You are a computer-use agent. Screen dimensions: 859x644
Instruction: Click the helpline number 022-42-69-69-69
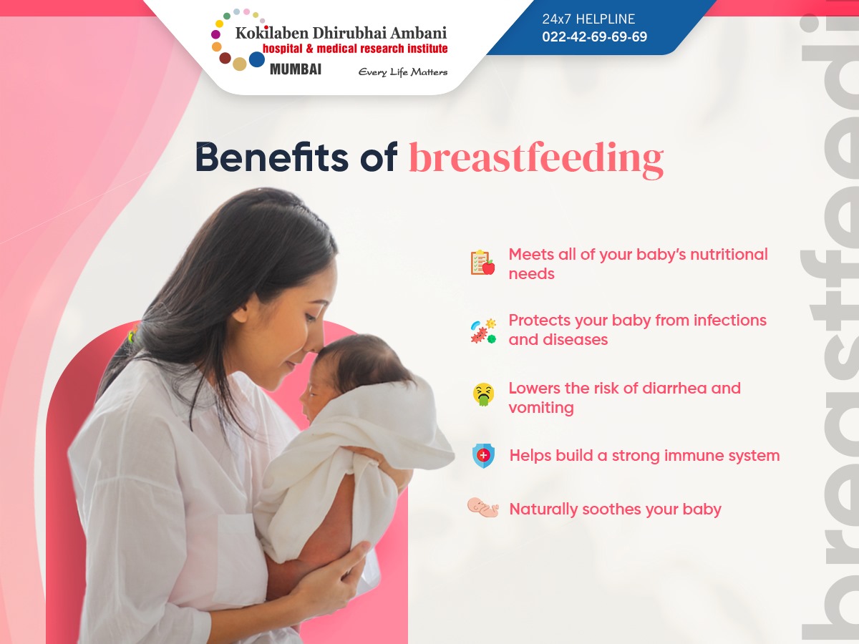[x=594, y=36]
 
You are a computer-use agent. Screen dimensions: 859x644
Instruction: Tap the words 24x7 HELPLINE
[x=588, y=19]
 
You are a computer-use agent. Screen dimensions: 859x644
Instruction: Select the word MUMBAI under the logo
[x=296, y=69]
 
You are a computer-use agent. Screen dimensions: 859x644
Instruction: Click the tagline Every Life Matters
[x=403, y=72]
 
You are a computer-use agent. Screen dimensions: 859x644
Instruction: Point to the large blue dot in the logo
[x=257, y=59]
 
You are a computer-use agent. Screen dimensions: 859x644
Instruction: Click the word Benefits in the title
[x=272, y=157]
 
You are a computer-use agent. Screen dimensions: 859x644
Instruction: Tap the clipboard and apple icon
[x=482, y=263]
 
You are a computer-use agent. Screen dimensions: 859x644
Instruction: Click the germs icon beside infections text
[x=483, y=331]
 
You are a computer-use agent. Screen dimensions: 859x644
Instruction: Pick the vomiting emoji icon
[x=483, y=394]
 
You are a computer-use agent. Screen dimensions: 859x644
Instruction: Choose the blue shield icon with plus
[x=483, y=456]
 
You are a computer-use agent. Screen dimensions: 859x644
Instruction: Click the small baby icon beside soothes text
[x=483, y=507]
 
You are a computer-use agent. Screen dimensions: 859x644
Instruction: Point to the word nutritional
[x=729, y=255]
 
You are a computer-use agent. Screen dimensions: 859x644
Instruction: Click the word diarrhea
[x=675, y=389]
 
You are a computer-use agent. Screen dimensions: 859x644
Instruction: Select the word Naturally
[x=543, y=510]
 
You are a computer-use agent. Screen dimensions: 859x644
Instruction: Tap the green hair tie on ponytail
[x=132, y=335]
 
